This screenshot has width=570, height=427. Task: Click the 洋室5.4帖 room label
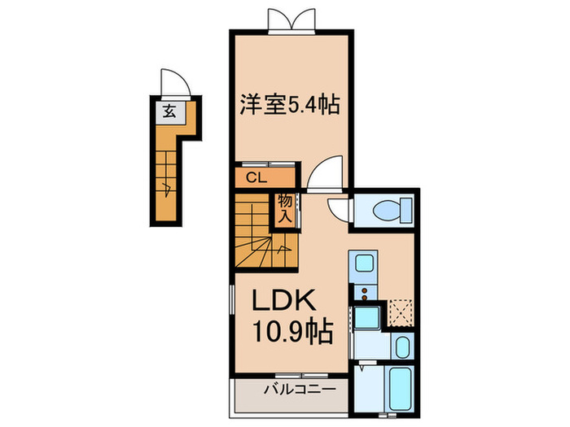click(x=289, y=105)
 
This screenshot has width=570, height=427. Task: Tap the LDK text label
click(x=283, y=300)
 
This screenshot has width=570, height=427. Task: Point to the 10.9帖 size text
click(x=292, y=331)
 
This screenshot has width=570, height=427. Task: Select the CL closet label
click(x=256, y=178)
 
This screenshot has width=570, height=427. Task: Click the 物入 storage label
click(x=285, y=209)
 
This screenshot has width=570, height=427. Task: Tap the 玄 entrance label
click(x=169, y=111)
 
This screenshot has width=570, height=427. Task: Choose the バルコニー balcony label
click(x=300, y=390)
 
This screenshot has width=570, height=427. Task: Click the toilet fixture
click(x=392, y=210)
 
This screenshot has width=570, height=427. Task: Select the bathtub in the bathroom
click(x=401, y=388)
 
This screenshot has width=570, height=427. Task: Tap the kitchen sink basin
click(x=364, y=264)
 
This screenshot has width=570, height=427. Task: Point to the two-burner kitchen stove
click(x=363, y=293)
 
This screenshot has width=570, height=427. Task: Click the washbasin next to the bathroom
click(x=402, y=346)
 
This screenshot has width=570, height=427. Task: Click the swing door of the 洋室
click(x=325, y=172)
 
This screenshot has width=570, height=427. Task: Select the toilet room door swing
click(x=338, y=210)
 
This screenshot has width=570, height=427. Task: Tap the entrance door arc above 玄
click(x=176, y=82)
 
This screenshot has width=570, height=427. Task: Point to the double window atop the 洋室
click(x=292, y=20)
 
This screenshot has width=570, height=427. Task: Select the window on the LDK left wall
click(x=231, y=299)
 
